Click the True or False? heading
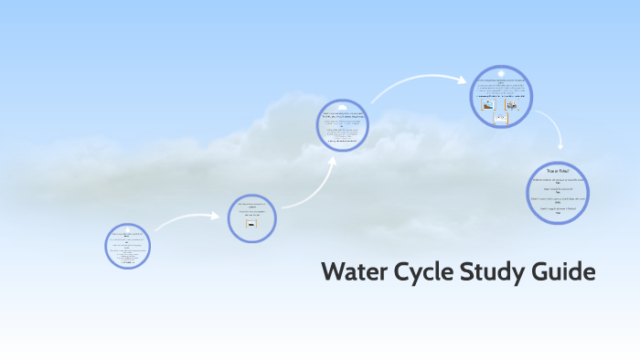[x=558, y=171]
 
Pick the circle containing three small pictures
[x=501, y=97]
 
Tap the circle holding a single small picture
[x=251, y=217]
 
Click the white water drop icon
[x=127, y=228]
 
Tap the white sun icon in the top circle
[x=501, y=73]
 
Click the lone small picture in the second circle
[x=251, y=222]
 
